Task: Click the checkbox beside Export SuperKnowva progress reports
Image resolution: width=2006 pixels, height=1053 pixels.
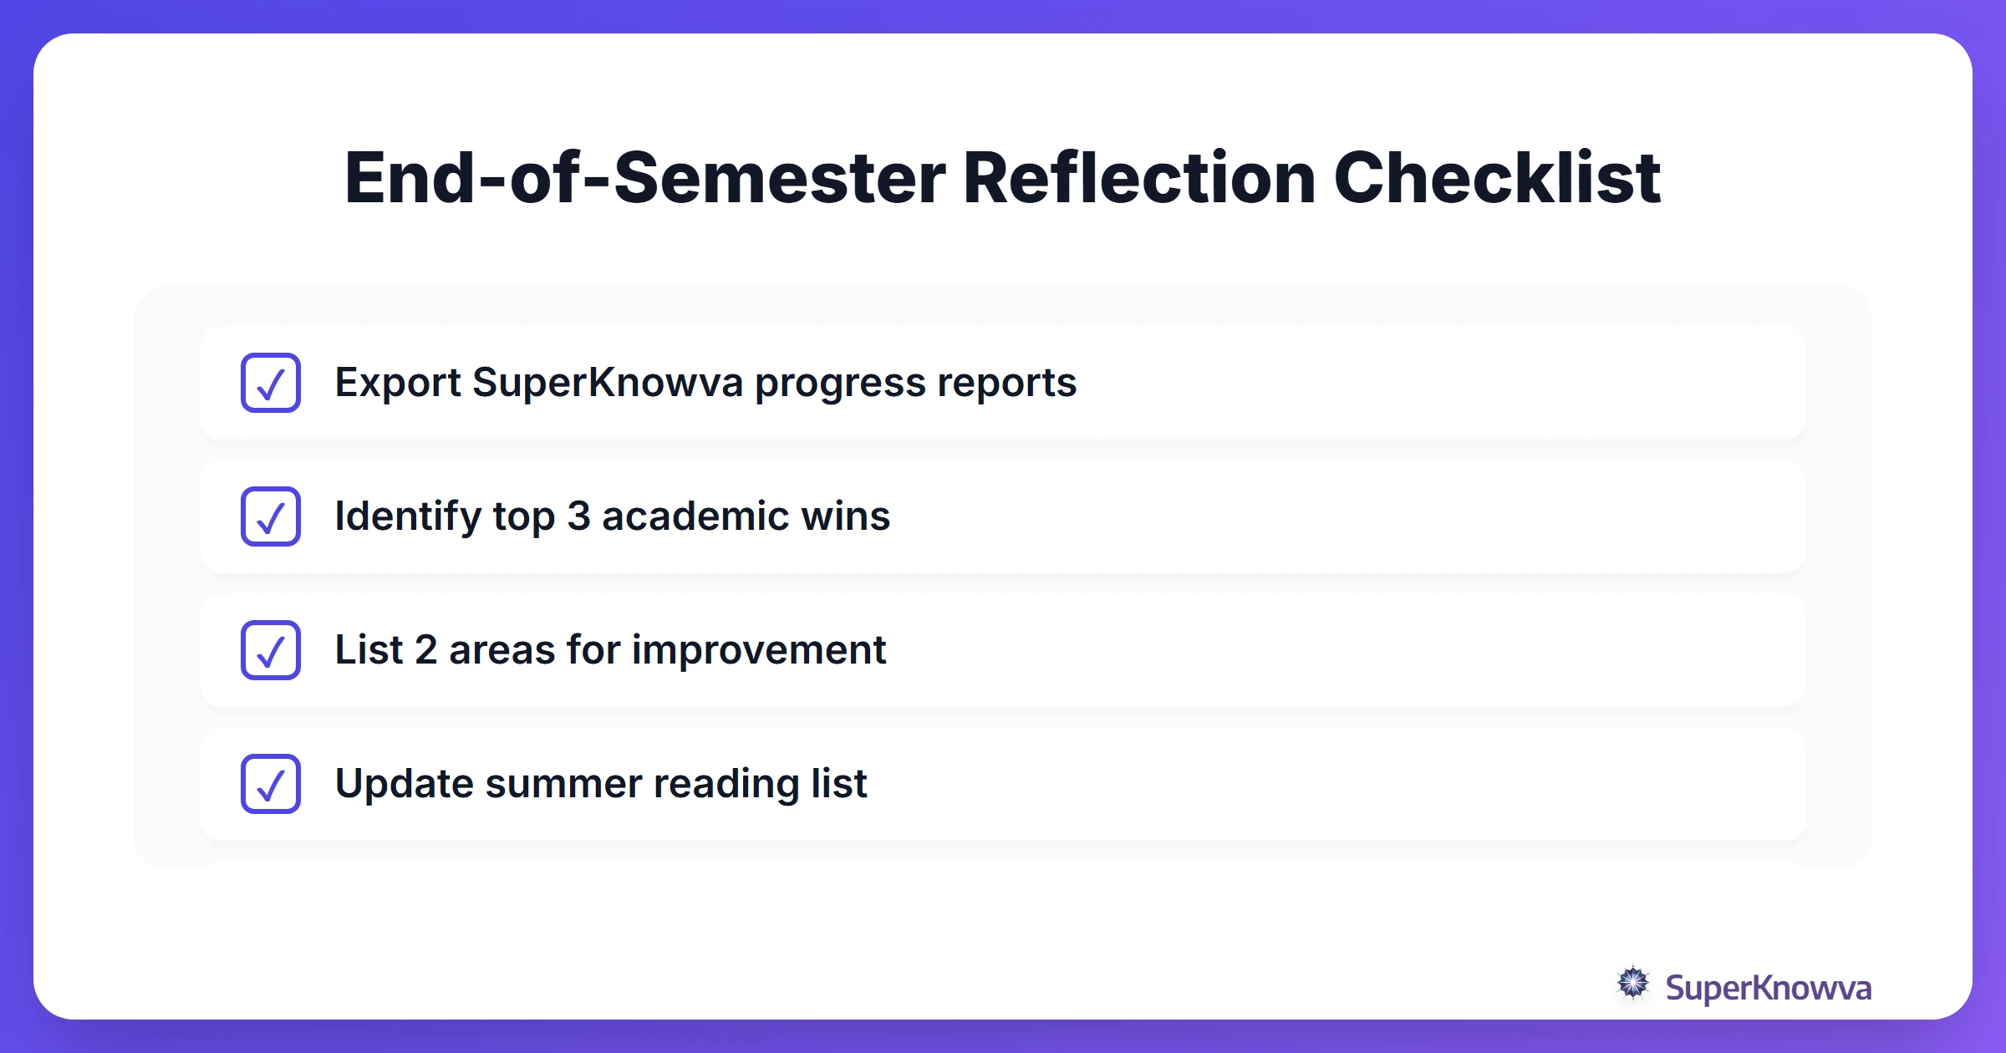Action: coord(271,383)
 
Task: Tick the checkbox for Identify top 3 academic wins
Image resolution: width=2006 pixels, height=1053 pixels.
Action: coord(271,516)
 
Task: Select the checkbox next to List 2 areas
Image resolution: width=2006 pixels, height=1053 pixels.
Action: coord(271,650)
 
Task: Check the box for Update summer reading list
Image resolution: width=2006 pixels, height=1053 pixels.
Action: coord(271,784)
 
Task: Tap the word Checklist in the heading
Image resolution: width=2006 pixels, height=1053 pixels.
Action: coord(1497,178)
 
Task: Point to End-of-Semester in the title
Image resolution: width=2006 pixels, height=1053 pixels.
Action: coord(644,178)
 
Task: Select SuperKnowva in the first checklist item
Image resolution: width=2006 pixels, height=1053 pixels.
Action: coord(608,383)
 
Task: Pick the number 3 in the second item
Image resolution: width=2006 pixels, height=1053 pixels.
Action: coord(578,516)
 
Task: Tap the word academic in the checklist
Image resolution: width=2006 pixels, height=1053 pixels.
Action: coord(695,516)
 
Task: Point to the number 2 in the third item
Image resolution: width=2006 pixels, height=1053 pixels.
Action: coord(426,650)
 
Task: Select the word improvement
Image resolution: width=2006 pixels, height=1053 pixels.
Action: coord(759,650)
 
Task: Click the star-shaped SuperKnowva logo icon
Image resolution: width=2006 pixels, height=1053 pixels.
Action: coord(1632,984)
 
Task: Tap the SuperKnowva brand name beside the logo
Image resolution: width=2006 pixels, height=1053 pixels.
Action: coord(1768,988)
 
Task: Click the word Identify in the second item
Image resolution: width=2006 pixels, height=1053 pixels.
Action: coord(408,516)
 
